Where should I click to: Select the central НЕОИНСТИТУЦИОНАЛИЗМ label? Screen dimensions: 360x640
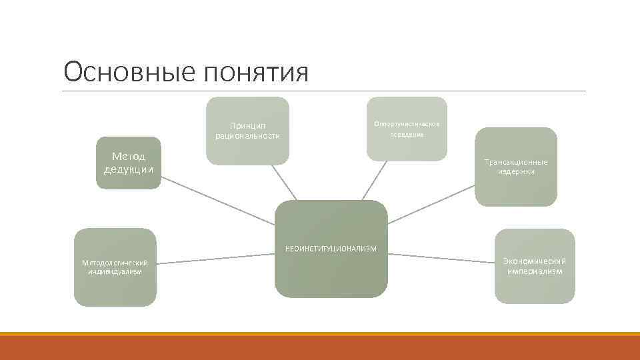331,249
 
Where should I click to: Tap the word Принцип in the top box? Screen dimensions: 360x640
247,125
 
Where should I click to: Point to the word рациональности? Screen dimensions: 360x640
247,136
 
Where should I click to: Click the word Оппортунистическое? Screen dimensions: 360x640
407,123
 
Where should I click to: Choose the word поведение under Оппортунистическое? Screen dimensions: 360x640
407,134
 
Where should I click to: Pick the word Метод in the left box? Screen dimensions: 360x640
128,157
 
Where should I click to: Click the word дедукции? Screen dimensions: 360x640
128,169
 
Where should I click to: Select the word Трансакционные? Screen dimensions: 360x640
515,162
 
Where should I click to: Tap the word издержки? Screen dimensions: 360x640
515,171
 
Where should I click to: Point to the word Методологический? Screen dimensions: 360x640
115,263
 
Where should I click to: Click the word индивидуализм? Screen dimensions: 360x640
115,271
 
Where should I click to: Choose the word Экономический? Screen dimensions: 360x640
535,261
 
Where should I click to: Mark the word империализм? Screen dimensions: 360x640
535,271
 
